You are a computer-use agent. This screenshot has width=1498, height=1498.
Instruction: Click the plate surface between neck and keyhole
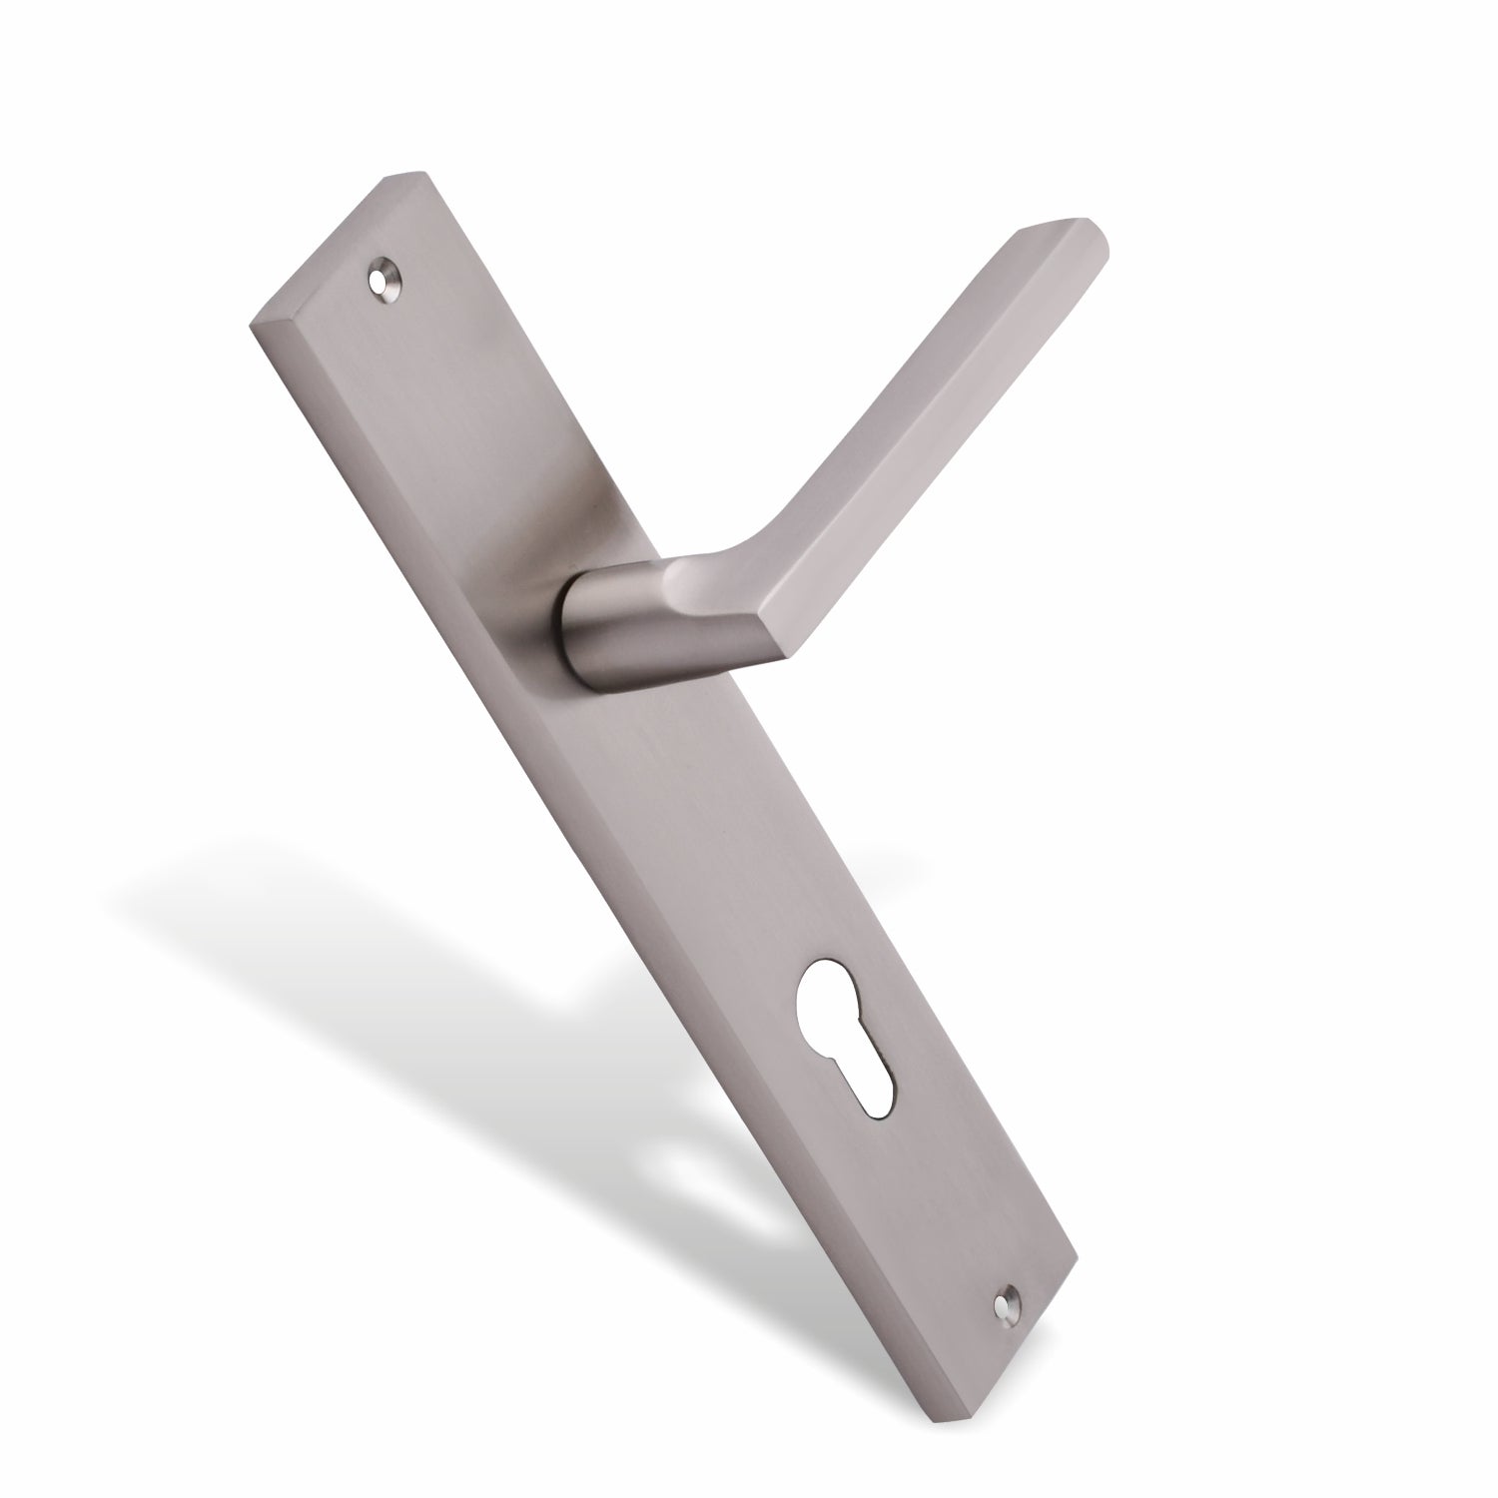[x=719, y=829]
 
